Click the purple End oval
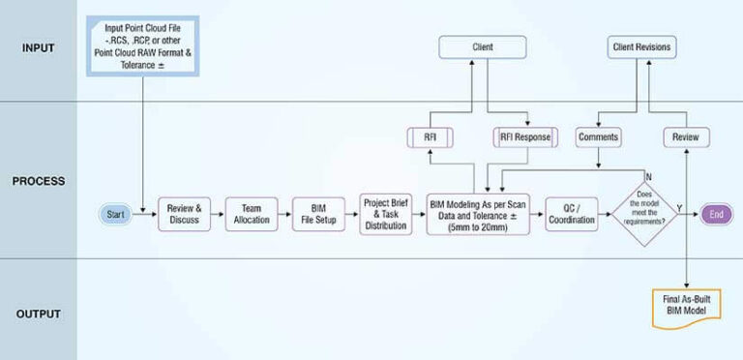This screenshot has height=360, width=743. coord(716,214)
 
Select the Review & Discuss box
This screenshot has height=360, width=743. coord(184,214)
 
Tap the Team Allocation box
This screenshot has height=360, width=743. coord(252,214)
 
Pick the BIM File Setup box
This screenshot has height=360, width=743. coord(319,214)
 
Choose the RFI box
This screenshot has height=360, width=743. coord(431,137)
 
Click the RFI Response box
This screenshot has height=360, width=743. coord(525,137)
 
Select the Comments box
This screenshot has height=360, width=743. coord(598,137)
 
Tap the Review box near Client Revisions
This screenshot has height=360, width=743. coord(686,137)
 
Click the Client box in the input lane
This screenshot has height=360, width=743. coord(482,45)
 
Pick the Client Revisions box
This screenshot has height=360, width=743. coord(642,45)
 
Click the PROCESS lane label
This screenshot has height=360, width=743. coord(39,180)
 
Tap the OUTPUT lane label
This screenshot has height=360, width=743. coord(39,314)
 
